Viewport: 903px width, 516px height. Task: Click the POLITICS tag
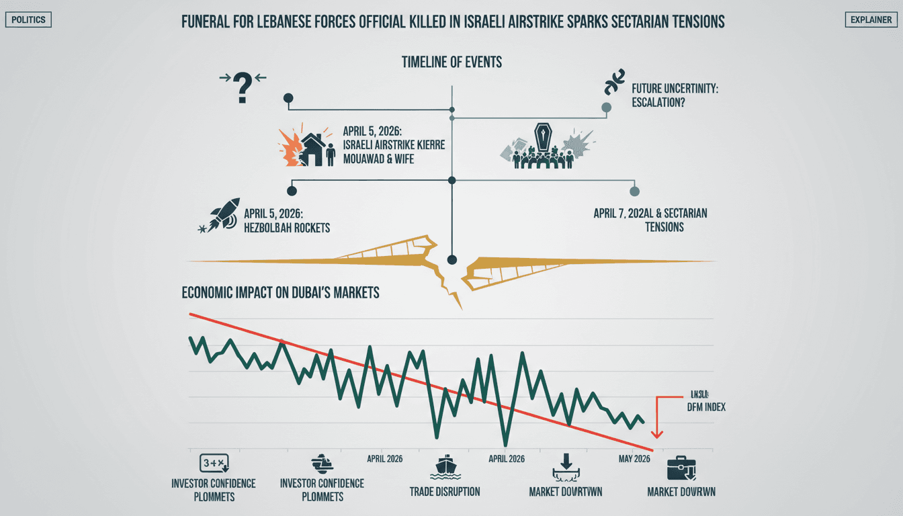pyautogui.click(x=28, y=20)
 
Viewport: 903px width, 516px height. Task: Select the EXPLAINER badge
pyautogui.click(x=871, y=20)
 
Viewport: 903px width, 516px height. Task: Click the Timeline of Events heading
pyautogui.click(x=451, y=62)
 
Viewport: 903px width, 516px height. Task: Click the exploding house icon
pyautogui.click(x=306, y=148)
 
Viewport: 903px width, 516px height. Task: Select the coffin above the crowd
pyautogui.click(x=542, y=138)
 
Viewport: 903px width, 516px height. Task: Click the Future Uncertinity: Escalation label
pyautogui.click(x=675, y=94)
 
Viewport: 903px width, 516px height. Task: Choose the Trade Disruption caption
pyautogui.click(x=444, y=491)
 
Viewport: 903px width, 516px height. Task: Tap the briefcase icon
pyautogui.click(x=681, y=468)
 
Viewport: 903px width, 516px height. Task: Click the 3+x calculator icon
pyautogui.click(x=214, y=463)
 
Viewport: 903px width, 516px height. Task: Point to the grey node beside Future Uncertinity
pyautogui.click(x=607, y=107)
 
